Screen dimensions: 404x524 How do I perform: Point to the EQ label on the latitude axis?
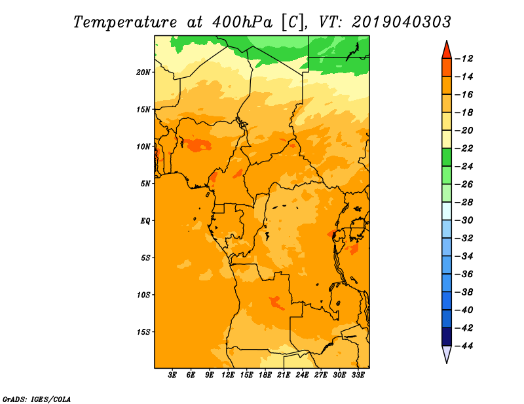[x=145, y=220]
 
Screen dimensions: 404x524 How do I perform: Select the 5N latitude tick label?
[x=145, y=183]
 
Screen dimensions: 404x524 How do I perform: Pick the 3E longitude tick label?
[x=173, y=375]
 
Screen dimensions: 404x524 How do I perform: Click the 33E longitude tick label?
[x=358, y=375]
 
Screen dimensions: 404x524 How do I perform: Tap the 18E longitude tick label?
[x=265, y=375]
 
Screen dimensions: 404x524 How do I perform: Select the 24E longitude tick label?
[x=302, y=375]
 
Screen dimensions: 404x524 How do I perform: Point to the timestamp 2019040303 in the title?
[x=402, y=22]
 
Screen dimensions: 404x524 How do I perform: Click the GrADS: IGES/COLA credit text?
[x=36, y=398]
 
